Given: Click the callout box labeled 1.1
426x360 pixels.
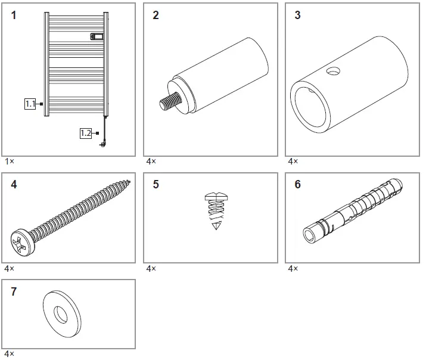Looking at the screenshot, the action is tap(30, 104).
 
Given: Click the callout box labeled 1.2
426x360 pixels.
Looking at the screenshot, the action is tap(86, 133).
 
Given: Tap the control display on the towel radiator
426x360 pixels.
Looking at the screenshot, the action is tap(97, 36).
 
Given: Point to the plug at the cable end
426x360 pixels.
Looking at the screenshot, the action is tap(103, 145).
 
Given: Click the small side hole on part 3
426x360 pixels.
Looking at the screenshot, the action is tap(333, 71).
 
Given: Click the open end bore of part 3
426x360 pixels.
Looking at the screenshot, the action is tap(310, 107).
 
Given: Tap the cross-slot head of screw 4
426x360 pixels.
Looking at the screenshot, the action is tap(23, 242).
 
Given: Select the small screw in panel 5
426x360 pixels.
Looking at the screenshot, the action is tap(216, 211).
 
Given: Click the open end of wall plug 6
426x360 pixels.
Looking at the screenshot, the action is tap(309, 234).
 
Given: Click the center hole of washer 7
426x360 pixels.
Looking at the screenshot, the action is tap(60, 315).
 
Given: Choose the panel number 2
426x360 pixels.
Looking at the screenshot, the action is tap(156, 15).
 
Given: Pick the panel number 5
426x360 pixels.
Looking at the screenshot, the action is tap(156, 184).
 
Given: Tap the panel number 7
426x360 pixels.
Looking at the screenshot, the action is tap(14, 291).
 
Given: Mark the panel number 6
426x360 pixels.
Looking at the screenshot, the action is tap(298, 184).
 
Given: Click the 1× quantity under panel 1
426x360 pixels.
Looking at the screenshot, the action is tap(10, 162).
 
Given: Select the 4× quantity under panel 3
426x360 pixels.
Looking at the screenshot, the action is tap(293, 162).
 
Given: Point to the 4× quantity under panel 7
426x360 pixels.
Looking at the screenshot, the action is tap(10, 354).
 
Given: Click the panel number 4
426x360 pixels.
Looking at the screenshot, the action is tap(14, 185).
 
